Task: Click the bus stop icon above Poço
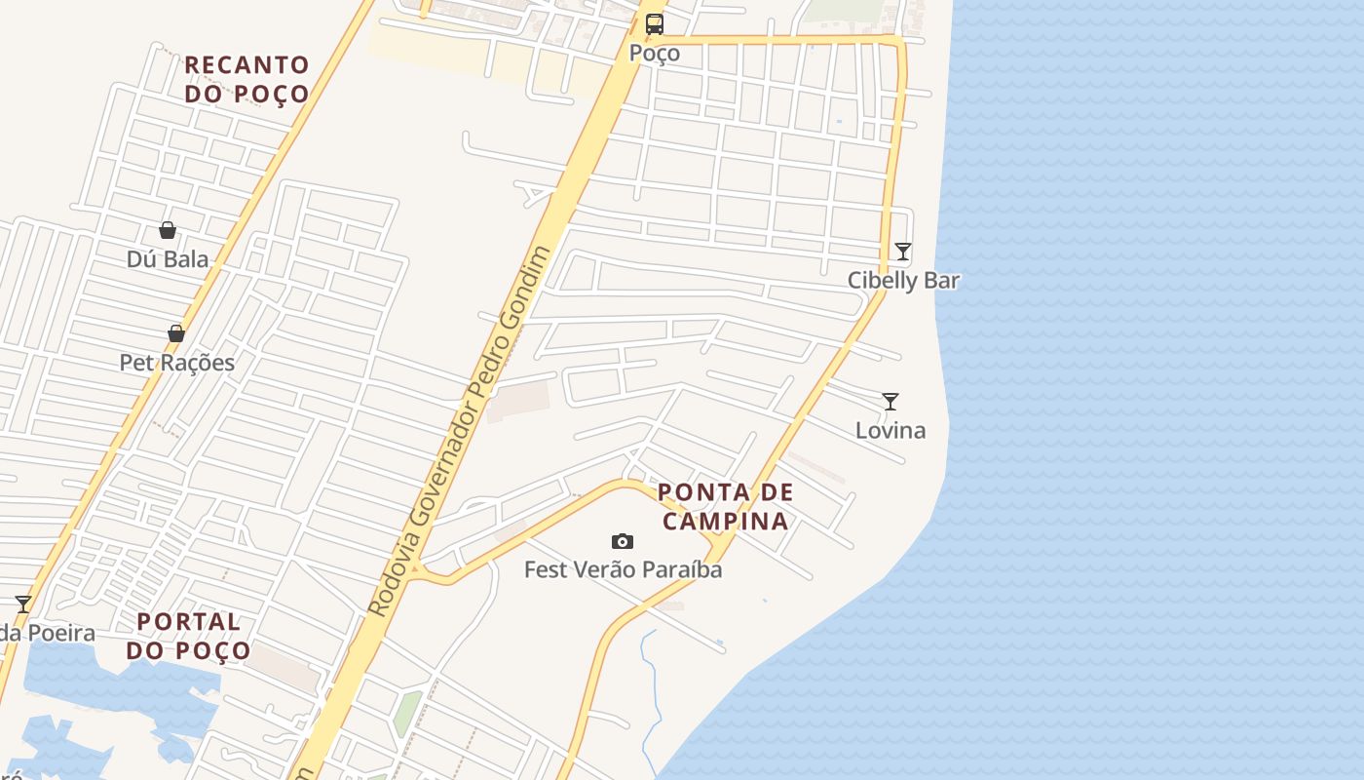655,24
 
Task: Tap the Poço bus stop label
655,53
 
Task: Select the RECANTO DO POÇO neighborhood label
246,79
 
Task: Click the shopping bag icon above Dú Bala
168,230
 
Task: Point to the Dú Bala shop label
168,259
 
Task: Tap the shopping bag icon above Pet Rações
176,333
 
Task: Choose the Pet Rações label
177,363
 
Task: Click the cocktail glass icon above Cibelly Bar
903,252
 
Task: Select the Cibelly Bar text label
903,281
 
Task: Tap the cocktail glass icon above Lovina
890,401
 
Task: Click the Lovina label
890,430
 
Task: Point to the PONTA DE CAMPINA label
726,506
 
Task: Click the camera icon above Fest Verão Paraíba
623,541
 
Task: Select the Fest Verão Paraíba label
624,569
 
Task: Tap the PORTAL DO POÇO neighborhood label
189,636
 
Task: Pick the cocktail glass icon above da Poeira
23,604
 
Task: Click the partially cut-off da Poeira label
47,634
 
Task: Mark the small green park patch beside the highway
408,714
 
